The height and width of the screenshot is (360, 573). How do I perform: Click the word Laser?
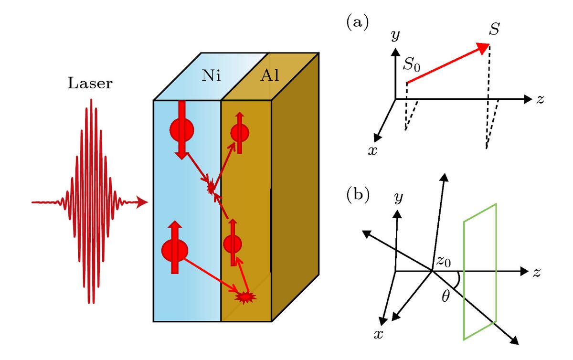click(x=90, y=84)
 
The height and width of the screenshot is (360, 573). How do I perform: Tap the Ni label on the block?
click(x=211, y=76)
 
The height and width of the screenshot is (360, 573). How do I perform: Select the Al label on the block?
click(x=269, y=76)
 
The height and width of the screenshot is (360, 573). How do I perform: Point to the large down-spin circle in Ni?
click(x=181, y=130)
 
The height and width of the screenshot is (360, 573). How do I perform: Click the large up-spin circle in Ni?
click(x=175, y=251)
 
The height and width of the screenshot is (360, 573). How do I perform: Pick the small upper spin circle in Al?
click(x=240, y=133)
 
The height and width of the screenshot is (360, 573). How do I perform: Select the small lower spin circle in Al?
click(x=233, y=244)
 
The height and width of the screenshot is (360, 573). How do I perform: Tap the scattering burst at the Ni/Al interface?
click(x=211, y=189)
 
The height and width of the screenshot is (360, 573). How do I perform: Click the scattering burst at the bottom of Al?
click(x=245, y=297)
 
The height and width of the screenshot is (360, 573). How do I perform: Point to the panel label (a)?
click(x=357, y=22)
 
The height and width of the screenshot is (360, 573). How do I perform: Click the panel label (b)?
click(x=358, y=195)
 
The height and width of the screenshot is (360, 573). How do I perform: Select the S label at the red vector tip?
click(x=494, y=29)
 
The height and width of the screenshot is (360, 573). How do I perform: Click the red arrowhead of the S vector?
click(x=483, y=48)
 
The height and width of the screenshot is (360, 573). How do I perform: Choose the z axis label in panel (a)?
click(x=540, y=99)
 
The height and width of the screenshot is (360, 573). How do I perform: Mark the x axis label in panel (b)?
click(x=378, y=334)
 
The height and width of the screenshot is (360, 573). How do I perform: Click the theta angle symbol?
click(x=446, y=297)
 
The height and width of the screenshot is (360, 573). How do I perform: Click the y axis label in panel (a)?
click(x=395, y=35)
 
